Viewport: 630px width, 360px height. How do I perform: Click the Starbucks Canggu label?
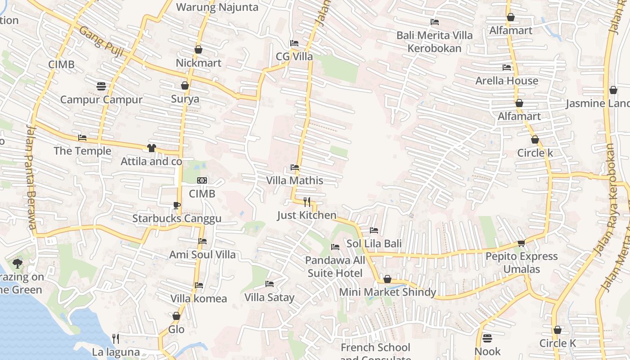pos(176,219)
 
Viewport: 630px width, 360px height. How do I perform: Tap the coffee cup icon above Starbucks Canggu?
pos(177,206)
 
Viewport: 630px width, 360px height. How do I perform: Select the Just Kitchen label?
pos(306,215)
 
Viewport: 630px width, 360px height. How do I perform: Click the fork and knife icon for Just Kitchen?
pos(307,202)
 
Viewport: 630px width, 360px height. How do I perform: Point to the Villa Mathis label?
pos(295,180)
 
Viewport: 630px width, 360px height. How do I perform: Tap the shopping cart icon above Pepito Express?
pos(521,243)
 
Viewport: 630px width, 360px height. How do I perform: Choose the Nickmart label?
pos(198,63)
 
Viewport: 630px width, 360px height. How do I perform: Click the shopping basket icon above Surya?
pos(185,85)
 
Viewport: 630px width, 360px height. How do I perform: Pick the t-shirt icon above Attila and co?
pos(151,148)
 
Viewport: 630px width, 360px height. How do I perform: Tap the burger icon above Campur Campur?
pos(101,86)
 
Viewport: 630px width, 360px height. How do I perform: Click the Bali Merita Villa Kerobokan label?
pos(434,42)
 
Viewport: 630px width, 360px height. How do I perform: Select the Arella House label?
pos(507,81)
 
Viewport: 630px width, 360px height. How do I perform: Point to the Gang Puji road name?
pos(101,40)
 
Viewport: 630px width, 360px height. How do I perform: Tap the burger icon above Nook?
pos(487,338)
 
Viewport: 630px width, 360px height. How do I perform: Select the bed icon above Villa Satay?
pos(270,284)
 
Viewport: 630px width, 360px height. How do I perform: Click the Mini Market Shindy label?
pos(387,292)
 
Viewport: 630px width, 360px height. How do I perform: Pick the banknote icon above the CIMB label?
pos(202,180)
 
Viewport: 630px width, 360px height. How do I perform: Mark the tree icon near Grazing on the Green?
pos(18,263)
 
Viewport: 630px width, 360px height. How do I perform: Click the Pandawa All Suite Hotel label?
pos(335,267)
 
